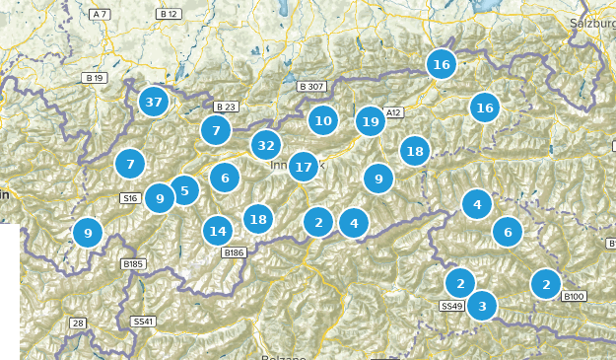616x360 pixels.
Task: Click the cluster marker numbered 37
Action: point(153,101)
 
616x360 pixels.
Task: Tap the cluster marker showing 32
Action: point(265,145)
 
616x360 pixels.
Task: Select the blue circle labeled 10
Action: point(322,121)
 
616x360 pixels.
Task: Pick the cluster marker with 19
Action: point(371,121)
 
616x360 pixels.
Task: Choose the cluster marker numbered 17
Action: point(304,167)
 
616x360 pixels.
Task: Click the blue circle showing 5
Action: point(184,190)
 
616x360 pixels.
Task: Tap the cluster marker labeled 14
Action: point(218,231)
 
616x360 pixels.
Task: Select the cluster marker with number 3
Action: point(481,306)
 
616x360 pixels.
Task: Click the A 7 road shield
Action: point(100,15)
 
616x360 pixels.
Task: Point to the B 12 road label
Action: point(169,15)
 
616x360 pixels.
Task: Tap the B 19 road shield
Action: point(95,77)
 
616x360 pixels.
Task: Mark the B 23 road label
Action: point(225,107)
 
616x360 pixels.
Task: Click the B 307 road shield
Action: point(310,87)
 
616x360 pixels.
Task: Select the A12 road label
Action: point(394,113)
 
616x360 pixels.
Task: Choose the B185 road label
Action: point(132,263)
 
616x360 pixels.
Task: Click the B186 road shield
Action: point(234,253)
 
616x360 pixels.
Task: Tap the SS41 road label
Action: point(143,322)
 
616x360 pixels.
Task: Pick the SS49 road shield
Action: point(451,307)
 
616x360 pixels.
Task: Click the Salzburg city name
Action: point(593,22)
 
